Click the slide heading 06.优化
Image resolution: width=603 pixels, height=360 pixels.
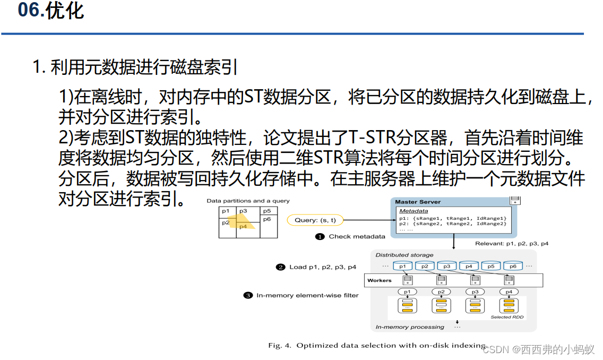point(51,11)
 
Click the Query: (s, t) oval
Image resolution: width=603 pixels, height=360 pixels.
point(315,220)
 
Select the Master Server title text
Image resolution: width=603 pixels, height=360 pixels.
point(418,202)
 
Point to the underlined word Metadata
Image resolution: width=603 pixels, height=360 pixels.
point(414,211)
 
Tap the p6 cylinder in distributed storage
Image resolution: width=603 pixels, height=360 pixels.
point(513,266)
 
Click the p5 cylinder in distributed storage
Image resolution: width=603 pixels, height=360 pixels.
point(491,266)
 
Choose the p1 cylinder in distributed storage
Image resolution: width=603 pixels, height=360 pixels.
point(403,266)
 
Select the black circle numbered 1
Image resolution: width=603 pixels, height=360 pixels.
point(320,236)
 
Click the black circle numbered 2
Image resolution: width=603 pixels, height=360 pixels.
point(281,267)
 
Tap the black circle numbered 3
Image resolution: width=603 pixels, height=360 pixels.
point(248,295)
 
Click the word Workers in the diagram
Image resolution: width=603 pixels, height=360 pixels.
point(380,280)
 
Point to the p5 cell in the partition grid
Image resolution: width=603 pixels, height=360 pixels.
point(267,211)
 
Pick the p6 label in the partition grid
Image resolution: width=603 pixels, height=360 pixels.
point(267,219)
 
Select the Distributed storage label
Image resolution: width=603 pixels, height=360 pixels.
point(404,255)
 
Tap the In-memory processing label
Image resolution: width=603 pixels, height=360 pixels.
point(409,327)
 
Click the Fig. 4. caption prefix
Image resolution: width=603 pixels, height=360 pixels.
point(280,346)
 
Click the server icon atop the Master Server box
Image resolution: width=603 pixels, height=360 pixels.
point(514,200)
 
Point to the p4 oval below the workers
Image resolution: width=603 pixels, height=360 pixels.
point(509,292)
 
